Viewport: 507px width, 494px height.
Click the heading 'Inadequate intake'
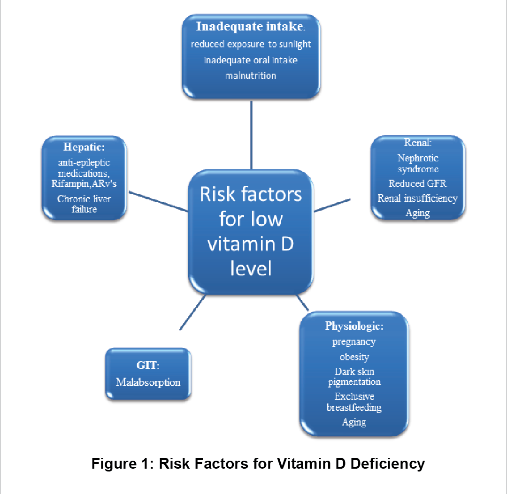click(250, 26)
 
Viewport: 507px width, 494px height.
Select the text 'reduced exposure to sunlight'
click(251, 44)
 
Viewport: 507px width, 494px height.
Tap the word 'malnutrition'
click(251, 76)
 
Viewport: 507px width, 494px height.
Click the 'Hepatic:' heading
click(84, 147)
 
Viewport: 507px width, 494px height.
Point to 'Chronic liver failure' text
click(84, 204)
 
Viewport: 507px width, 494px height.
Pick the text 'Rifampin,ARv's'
click(84, 183)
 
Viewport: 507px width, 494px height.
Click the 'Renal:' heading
click(418, 142)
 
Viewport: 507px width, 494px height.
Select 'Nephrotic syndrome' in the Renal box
click(418, 163)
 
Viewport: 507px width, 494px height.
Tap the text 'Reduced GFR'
click(417, 183)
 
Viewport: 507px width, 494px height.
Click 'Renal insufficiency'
click(417, 198)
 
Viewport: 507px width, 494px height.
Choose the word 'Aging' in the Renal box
click(418, 213)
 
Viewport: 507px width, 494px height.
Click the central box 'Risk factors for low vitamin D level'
click(251, 232)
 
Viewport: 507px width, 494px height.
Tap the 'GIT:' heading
click(148, 365)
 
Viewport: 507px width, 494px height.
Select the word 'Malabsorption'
click(148, 382)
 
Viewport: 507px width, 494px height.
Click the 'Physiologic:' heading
click(354, 326)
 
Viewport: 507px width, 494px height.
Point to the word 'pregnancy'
click(354, 342)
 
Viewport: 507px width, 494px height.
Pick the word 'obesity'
click(354, 357)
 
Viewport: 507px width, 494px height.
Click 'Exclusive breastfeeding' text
click(354, 402)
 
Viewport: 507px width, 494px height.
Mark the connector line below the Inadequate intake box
click(251, 135)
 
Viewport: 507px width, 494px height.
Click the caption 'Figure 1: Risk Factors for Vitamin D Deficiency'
click(258, 464)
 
